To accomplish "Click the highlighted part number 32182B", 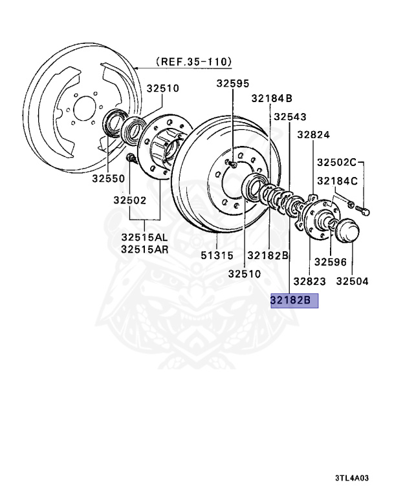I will click(291, 300).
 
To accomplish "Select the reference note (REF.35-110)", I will click(193, 62).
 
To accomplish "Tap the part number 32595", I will click(232, 83).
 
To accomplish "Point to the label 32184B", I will click(272, 98).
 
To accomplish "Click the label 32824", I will click(314, 135).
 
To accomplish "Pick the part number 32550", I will click(107, 178).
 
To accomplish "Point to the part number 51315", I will click(217, 255).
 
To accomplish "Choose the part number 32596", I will click(331, 262).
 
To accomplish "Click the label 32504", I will click(353, 281).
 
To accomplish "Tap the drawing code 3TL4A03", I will click(353, 479).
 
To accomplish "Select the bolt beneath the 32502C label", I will click(364, 209).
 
